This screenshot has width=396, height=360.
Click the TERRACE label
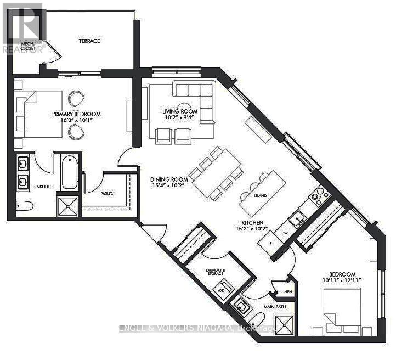coord(89,41)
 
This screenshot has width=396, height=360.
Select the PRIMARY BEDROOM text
coord(76,114)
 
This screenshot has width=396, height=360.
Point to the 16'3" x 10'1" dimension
coord(76,121)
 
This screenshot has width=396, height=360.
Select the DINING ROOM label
coord(170,179)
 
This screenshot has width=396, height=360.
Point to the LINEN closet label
coord(285,291)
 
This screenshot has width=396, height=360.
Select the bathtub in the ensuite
coord(69,173)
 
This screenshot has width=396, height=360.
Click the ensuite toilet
coord(24,206)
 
